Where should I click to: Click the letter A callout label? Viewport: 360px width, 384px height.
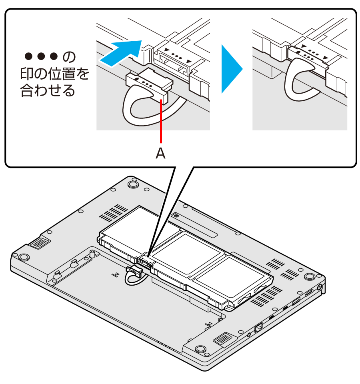tap(160, 154)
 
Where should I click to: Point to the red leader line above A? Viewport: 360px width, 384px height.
tap(161, 121)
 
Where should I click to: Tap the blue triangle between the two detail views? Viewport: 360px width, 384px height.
tap(232, 69)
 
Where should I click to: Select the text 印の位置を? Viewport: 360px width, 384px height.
tap(54, 74)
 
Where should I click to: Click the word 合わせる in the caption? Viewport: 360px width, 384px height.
tap(48, 90)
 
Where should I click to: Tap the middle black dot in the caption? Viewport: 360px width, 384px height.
tap(41, 56)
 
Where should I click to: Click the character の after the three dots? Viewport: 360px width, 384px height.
tap(69, 57)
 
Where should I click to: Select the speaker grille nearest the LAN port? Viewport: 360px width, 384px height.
tap(223, 338)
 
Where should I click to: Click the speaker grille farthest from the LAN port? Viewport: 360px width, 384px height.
tap(39, 242)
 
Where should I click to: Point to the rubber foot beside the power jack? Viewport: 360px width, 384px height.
tap(310, 276)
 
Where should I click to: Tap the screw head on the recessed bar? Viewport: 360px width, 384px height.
tap(176, 216)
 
